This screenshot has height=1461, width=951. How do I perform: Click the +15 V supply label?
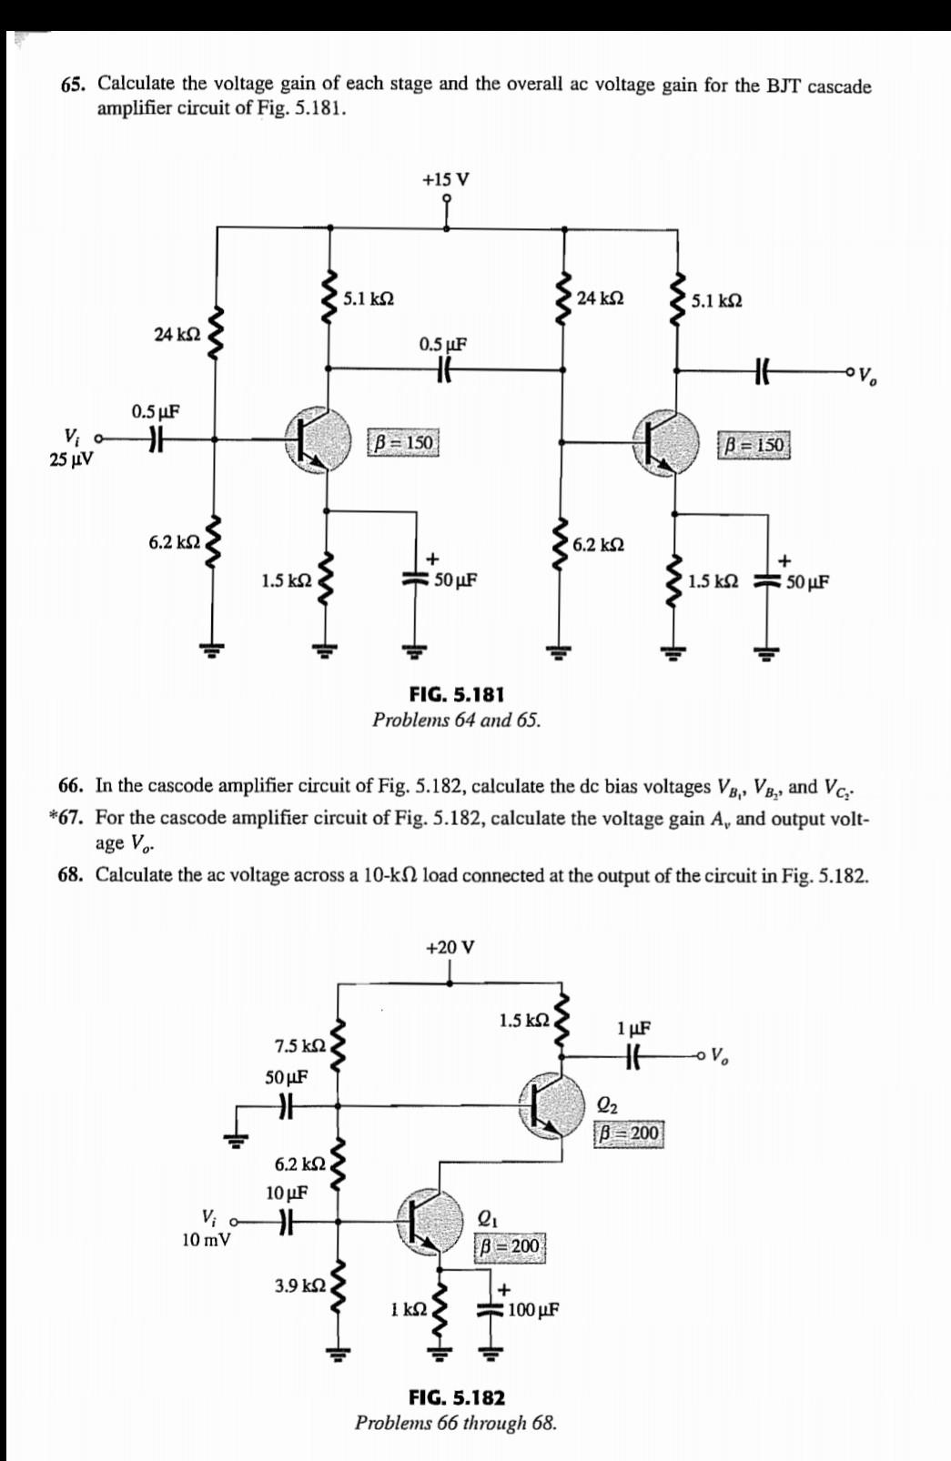(x=446, y=178)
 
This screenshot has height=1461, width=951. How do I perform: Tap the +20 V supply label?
(x=450, y=947)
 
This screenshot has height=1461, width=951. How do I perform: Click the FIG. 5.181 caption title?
(x=457, y=694)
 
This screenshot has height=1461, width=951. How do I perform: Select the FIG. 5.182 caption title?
(x=457, y=1397)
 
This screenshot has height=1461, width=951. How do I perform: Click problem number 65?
(x=75, y=85)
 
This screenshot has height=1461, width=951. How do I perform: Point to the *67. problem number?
(x=71, y=817)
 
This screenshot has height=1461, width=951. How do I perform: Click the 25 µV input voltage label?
(x=70, y=459)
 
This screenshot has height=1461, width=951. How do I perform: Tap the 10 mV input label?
(x=206, y=1239)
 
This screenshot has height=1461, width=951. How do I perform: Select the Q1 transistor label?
(x=488, y=1219)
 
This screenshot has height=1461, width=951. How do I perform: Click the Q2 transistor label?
(x=608, y=1106)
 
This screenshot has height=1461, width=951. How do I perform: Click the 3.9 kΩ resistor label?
(x=299, y=1285)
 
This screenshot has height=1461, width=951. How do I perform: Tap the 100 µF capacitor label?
(x=533, y=1310)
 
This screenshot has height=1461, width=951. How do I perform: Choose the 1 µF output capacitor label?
(x=633, y=1029)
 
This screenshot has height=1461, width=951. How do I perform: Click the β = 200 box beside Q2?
(x=630, y=1134)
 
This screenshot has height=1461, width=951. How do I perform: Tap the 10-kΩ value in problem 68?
(x=390, y=875)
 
